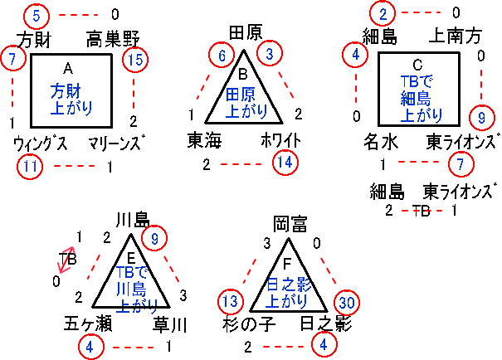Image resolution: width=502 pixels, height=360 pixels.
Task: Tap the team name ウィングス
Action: [41, 144]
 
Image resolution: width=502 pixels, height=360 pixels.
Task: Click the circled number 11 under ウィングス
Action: [32, 166]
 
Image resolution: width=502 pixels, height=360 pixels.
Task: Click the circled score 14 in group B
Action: [285, 162]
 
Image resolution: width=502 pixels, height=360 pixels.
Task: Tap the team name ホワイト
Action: [281, 139]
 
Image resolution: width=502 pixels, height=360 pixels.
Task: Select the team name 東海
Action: [204, 139]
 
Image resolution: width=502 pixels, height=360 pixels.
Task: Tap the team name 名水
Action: [379, 141]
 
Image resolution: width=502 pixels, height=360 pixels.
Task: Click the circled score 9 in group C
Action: [481, 117]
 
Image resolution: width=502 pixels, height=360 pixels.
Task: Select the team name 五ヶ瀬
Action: [85, 323]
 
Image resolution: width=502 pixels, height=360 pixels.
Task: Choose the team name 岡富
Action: [291, 223]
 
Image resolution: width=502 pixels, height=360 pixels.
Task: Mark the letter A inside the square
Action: [69, 66]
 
